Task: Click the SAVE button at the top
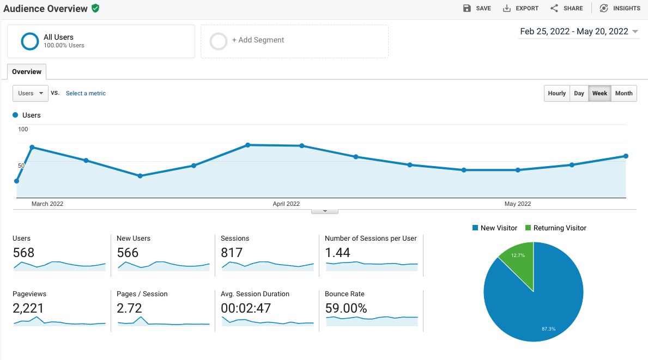pyautogui.click(x=477, y=8)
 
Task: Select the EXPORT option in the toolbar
pyautogui.click(x=520, y=8)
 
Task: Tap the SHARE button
pyautogui.click(x=566, y=8)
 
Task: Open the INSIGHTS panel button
pyautogui.click(x=620, y=8)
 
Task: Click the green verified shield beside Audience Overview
pyautogui.click(x=95, y=8)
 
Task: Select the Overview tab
pyautogui.click(x=27, y=72)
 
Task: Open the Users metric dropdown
pyautogui.click(x=31, y=93)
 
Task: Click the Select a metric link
pyautogui.click(x=86, y=93)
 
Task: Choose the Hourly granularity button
pyautogui.click(x=556, y=93)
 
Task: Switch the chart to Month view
pyautogui.click(x=623, y=93)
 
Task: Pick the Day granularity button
pyautogui.click(x=579, y=93)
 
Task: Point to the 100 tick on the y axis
pyautogui.click(x=23, y=129)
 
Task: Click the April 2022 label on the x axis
pyautogui.click(x=286, y=204)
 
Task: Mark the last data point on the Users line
pyautogui.click(x=626, y=156)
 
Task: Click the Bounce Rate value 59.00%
pyautogui.click(x=346, y=308)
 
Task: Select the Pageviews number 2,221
pyautogui.click(x=28, y=308)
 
